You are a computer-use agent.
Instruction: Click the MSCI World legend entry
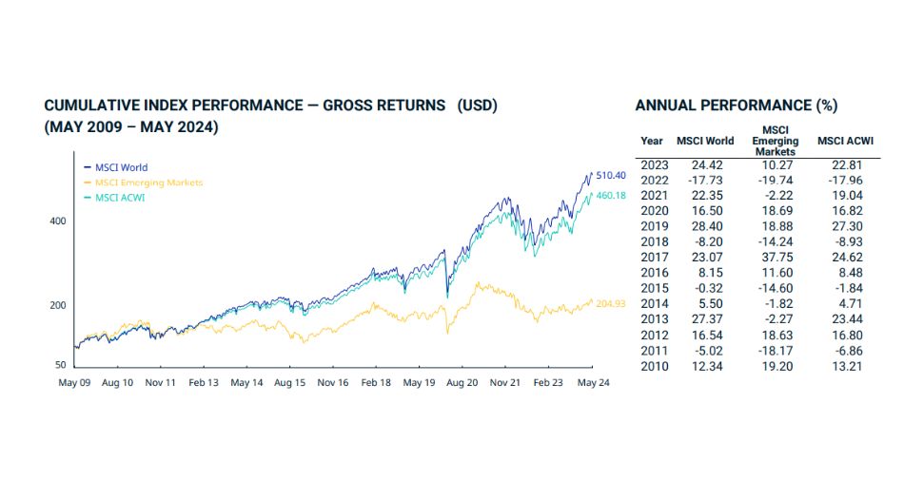120,168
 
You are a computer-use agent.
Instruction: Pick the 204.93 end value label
614,303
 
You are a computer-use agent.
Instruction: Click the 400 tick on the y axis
57,221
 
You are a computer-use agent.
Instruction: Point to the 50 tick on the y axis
60,365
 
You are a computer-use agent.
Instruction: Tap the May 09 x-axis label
75,382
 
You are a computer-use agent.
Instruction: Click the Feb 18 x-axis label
375,382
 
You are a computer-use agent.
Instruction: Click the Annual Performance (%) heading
736,106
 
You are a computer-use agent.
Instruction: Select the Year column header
652,141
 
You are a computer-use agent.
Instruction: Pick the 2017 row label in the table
654,256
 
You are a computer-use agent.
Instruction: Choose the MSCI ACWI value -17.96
845,181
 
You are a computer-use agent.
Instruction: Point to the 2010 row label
654,366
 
